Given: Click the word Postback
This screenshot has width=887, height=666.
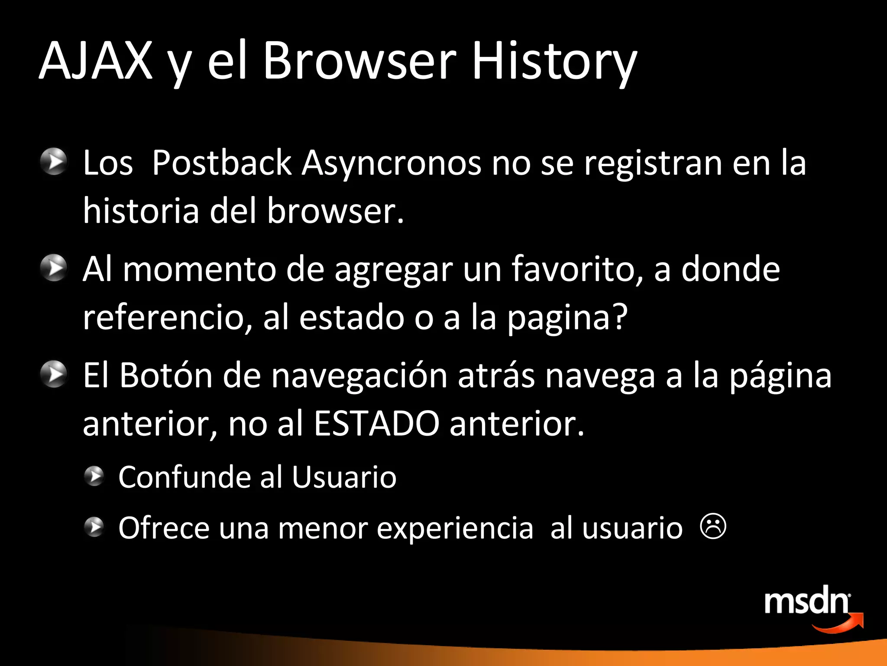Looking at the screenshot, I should click(222, 163).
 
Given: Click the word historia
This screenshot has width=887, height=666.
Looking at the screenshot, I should click(141, 211).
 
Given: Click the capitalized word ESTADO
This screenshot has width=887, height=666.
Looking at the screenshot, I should click(376, 423).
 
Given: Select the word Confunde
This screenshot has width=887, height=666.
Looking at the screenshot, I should click(184, 477).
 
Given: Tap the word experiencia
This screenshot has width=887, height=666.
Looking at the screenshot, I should click(455, 529).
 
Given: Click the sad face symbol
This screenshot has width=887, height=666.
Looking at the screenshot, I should click(713, 526).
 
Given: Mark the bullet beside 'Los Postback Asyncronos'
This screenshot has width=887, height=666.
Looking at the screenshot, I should click(54, 161).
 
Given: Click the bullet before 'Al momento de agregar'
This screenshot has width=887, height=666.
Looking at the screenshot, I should click(54, 268).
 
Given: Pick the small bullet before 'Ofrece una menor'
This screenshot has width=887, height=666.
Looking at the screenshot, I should click(94, 527).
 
